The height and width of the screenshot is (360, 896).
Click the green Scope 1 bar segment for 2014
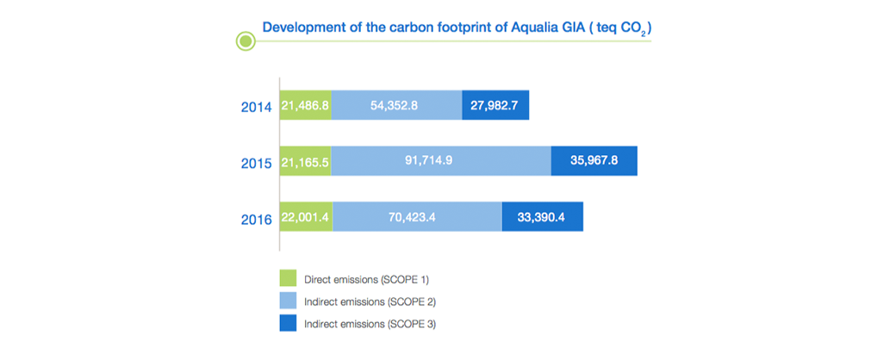coord(306,105)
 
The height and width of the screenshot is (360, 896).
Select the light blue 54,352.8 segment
coord(396,105)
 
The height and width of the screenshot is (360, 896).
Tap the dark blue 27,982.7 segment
coord(495,105)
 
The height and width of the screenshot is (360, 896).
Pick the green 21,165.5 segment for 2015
coord(306,160)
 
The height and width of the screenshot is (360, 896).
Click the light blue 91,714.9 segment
coord(441,160)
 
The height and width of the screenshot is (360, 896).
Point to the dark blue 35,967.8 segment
coord(594,160)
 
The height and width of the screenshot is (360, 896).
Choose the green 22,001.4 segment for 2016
coord(307,216)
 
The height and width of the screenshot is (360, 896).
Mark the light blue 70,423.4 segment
coord(417,216)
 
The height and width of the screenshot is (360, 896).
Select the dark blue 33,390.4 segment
coord(543,216)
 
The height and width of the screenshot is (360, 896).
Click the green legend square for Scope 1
coord(288,278)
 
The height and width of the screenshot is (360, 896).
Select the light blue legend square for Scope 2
coord(288,301)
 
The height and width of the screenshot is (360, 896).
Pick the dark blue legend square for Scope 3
coord(288,324)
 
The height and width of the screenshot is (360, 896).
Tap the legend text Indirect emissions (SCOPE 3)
coord(370,325)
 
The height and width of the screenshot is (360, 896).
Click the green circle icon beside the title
coord(246,41)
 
